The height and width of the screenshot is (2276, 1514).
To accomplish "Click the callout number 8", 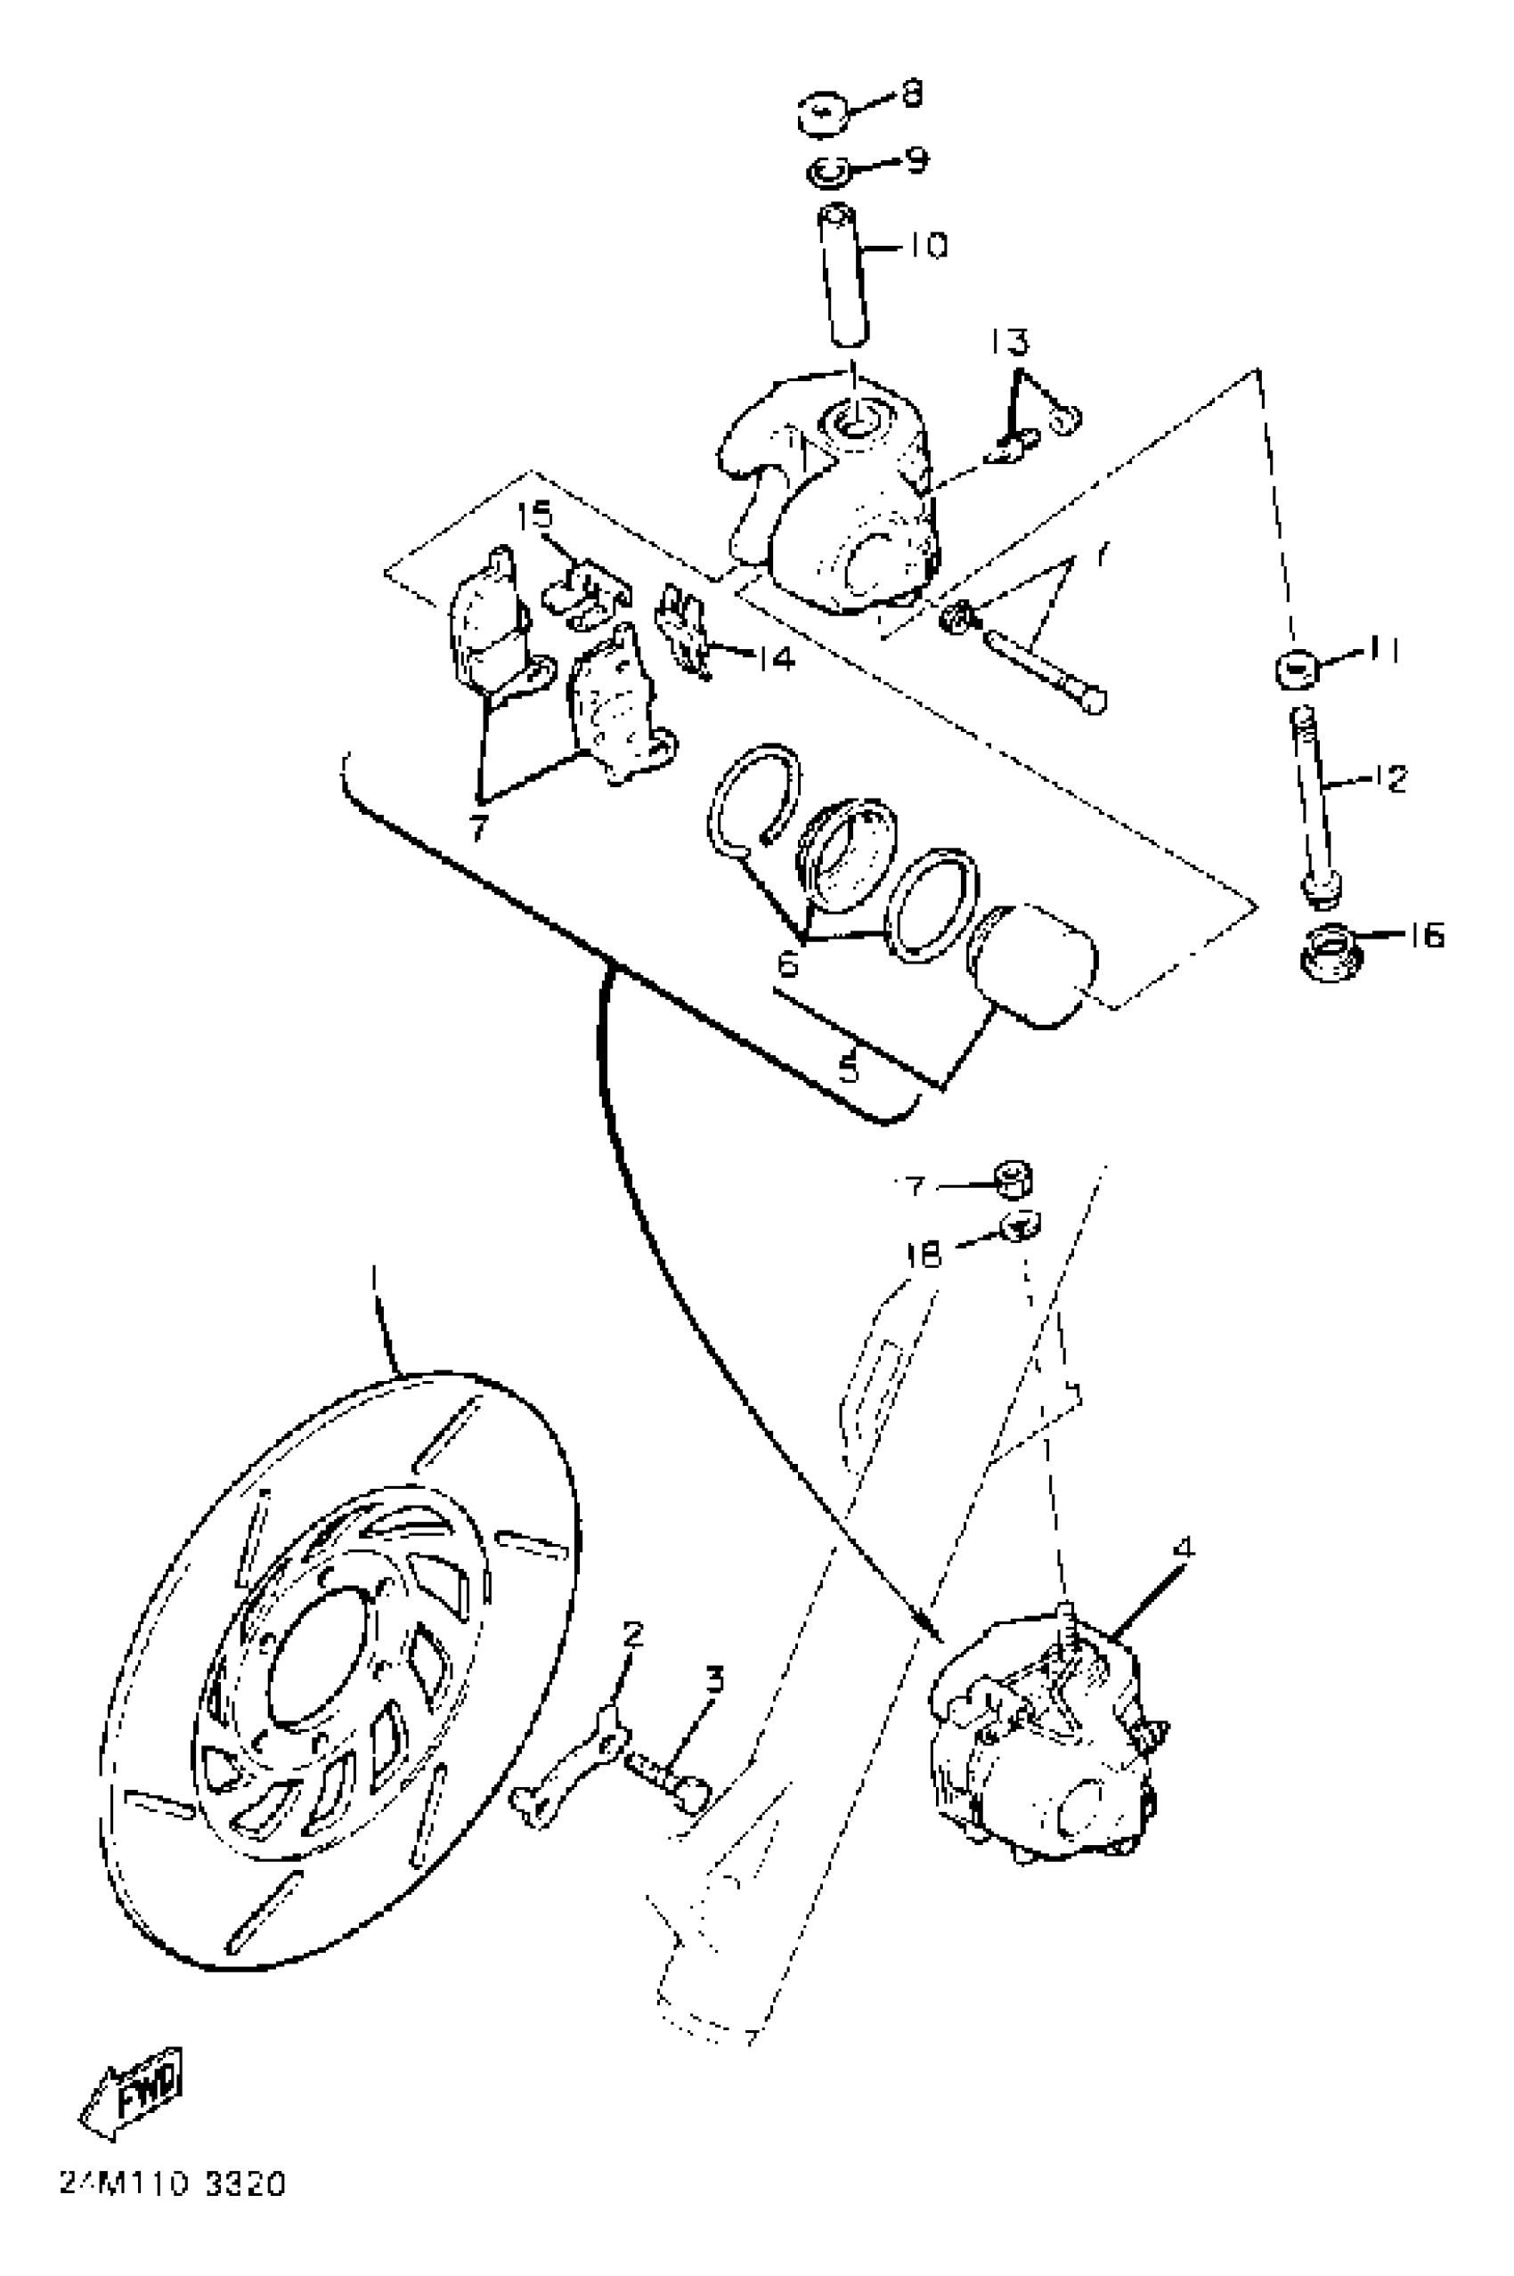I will coord(910,93).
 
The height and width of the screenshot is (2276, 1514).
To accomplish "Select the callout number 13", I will coord(1009,342).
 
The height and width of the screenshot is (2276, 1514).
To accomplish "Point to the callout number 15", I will coord(534,515).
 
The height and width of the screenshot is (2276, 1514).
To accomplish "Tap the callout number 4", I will coord(1184,1548).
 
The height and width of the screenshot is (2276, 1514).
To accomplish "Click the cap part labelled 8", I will coord(824,115).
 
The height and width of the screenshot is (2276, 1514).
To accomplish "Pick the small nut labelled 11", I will coord(1296,669).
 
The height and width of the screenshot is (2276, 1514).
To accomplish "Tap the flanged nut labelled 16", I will coord(1329,951).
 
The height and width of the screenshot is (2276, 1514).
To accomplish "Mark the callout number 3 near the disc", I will coord(713,1680).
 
